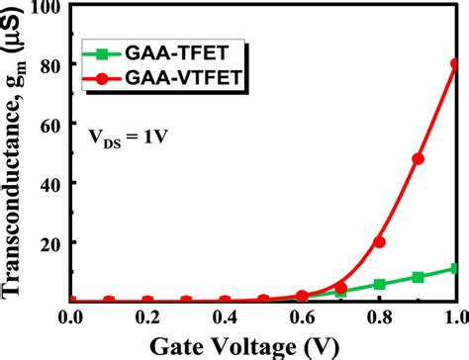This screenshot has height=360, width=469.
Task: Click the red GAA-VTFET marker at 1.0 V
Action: (456, 64)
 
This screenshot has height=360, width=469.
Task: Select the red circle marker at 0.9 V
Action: (418, 158)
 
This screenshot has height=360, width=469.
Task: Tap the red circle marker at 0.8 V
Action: (379, 241)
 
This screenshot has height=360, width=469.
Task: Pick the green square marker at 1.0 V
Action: (456, 269)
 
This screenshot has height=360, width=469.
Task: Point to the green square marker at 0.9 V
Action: (418, 278)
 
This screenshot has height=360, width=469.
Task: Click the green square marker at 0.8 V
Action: (379, 285)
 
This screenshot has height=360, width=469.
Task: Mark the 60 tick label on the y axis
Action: (50, 125)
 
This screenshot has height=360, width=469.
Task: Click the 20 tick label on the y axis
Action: (50, 242)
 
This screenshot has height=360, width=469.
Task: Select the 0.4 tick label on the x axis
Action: (225, 317)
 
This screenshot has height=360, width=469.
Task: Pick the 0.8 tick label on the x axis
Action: (379, 317)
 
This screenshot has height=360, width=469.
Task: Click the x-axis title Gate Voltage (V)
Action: (263, 345)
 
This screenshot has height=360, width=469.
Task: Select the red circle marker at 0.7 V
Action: (340, 287)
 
